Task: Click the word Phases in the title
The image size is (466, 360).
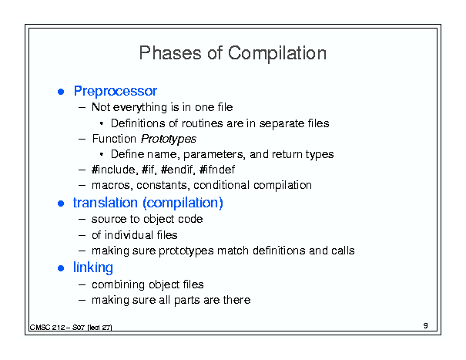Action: [x=170, y=53]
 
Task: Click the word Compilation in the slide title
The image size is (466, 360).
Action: [x=277, y=53]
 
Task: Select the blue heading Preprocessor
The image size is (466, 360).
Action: [x=116, y=91]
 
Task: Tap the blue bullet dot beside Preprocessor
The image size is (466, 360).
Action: [x=61, y=92]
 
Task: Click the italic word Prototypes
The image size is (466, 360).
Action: [x=169, y=139]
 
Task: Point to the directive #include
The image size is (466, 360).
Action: [x=115, y=170]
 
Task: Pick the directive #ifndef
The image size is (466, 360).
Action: [x=217, y=170]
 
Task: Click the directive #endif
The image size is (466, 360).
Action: [x=178, y=170]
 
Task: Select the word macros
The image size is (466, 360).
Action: [x=112, y=185]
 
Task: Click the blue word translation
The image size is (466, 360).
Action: [x=106, y=203]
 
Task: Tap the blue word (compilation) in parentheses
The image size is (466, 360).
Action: [x=183, y=204]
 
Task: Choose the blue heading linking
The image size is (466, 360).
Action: [x=93, y=267]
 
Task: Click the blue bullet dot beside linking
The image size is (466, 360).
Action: [x=61, y=268]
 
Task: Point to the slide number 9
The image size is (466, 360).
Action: [x=426, y=325]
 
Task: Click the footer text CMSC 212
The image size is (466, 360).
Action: [x=47, y=328]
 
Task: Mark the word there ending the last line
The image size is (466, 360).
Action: [x=237, y=300]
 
